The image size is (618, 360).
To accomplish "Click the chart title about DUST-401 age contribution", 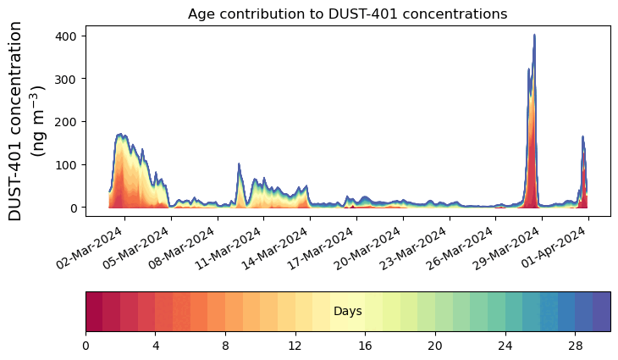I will coord(347,14).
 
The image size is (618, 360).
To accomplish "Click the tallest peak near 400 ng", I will coord(534,36).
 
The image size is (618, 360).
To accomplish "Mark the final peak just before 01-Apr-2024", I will coord(582,137).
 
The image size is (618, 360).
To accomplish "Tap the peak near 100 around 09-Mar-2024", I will coord(239,164).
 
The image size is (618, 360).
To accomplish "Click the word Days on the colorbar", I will coord(347,312).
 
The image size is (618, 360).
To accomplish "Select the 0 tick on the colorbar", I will coord(86,346).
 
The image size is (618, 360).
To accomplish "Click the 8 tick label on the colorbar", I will coord(225,346).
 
